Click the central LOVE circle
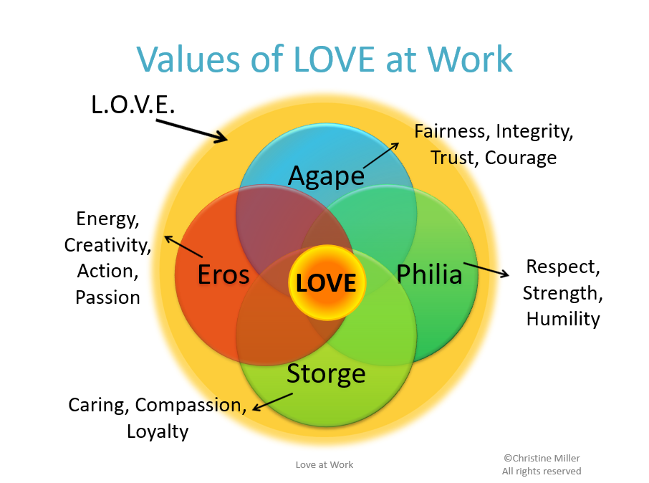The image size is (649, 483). pyautogui.click(x=326, y=282)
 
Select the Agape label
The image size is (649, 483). pyautogui.click(x=326, y=176)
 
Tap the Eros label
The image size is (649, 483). pyautogui.click(x=223, y=274)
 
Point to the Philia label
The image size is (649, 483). pyautogui.click(x=429, y=274)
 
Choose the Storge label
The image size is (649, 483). pyautogui.click(x=326, y=373)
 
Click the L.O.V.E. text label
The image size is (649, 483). pyautogui.click(x=133, y=105)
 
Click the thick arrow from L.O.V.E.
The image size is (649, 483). pyautogui.click(x=192, y=130)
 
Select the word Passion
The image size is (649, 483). pyautogui.click(x=107, y=297)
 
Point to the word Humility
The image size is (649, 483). pyautogui.click(x=563, y=319)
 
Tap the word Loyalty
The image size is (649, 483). pyautogui.click(x=158, y=431)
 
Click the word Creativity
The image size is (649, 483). pyautogui.click(x=107, y=245)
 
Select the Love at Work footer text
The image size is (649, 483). pyautogui.click(x=324, y=464)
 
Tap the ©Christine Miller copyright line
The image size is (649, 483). pyautogui.click(x=542, y=457)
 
